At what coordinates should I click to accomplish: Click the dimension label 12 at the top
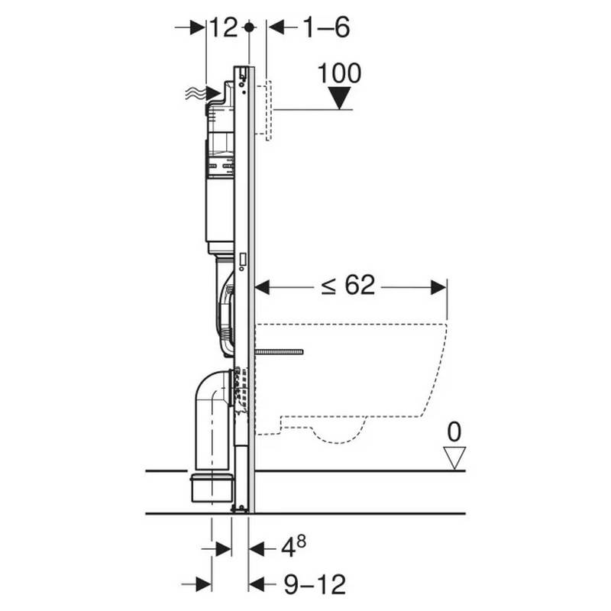pos(224,27)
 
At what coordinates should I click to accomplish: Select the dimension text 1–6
pos(326,27)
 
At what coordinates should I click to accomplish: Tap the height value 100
pos(339,73)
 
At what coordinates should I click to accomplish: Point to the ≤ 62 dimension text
pos(348,285)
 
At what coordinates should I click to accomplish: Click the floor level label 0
pos(454,432)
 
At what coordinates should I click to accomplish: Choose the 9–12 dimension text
pos(315,584)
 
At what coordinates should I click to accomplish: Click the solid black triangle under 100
pos(339,98)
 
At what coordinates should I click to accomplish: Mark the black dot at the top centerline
pos(249,27)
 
